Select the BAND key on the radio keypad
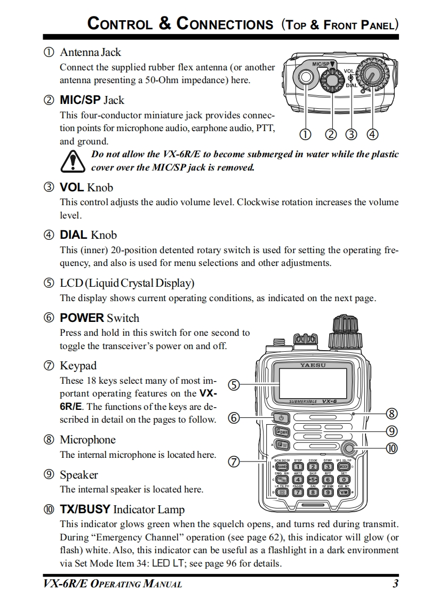282,466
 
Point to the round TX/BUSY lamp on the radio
349,448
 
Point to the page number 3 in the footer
395,584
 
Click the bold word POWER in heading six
82,318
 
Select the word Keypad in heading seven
78,366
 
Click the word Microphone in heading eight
87,440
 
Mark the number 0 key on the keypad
344,479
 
